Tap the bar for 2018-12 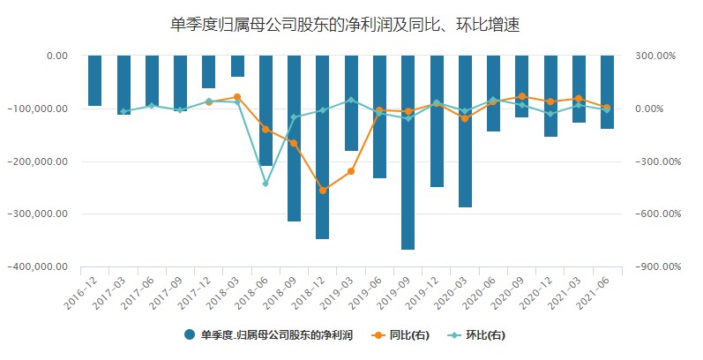coord(322,146)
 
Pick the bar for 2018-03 coord(237,66)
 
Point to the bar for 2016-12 coord(95,80)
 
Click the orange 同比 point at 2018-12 coord(323,190)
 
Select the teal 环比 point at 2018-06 coord(265,184)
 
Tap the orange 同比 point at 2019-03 coord(351,171)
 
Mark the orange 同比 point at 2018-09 coord(294,143)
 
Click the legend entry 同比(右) coord(408,334)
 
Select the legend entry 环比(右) coord(482,334)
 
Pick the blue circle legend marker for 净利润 coord(191,334)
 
